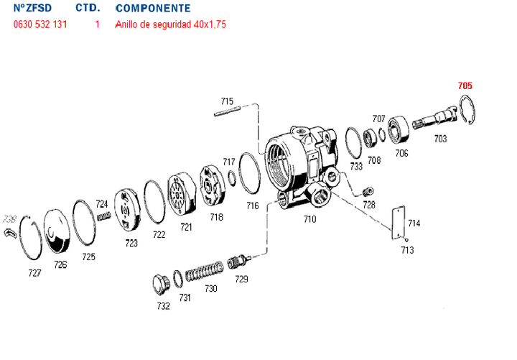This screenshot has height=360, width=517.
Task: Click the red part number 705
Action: coord(465,86)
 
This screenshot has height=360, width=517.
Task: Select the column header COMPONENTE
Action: coord(152,9)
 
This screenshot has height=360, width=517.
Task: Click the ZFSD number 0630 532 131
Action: coord(41,24)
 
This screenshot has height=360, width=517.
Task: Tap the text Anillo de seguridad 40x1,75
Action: coord(171,24)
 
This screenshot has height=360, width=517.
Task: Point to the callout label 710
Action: coord(310,218)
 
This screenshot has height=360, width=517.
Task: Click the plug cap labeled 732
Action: coord(161,285)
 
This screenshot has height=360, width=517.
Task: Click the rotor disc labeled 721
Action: coord(182,195)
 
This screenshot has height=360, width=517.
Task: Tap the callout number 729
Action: coord(242,279)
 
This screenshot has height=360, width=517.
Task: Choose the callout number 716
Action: coord(252,206)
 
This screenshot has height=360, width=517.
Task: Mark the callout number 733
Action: coord(356,166)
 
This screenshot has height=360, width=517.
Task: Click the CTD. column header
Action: coord(88,9)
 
